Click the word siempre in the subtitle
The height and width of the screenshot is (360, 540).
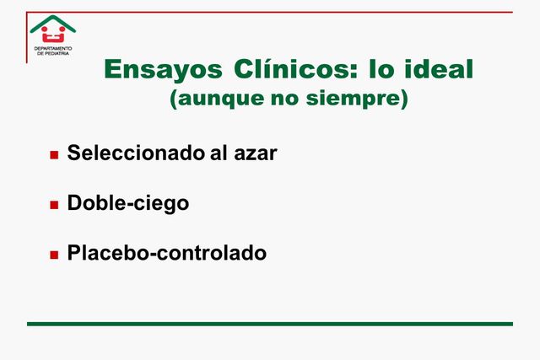coord(366,99)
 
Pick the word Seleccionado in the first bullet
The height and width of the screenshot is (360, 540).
coord(136,154)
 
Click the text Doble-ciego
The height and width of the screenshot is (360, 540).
coord(127,203)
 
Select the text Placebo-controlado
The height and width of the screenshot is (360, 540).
coord(166,252)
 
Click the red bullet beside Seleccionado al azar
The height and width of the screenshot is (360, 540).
coord(54,155)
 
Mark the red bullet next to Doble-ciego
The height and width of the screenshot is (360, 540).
coord(54,204)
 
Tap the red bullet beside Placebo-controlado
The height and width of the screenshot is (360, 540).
coord(54,253)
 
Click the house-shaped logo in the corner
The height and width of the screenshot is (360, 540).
coord(52,32)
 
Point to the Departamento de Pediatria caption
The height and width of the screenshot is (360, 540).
coord(52,52)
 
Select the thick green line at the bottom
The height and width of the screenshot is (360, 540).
coord(269,324)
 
